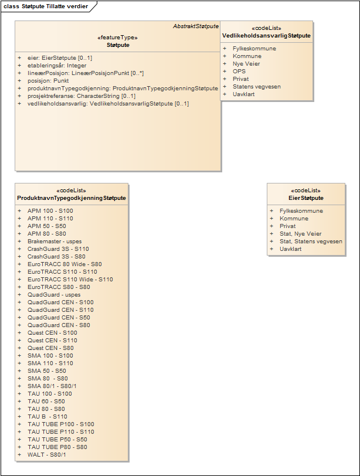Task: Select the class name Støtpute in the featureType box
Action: (118, 45)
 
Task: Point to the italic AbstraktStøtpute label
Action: (196, 26)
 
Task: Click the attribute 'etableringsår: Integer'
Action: (56, 66)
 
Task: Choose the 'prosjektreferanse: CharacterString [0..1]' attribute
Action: (81, 96)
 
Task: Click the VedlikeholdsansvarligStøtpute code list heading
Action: (266, 36)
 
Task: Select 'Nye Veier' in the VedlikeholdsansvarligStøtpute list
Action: (246, 64)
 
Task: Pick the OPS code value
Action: (239, 72)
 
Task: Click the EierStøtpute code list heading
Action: (305, 198)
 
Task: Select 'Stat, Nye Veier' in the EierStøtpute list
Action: (300, 234)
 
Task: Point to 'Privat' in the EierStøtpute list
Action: (288, 226)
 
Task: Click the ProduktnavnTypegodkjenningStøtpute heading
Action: (72, 198)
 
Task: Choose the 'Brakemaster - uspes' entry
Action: (55, 242)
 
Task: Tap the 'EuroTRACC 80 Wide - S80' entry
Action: (64, 264)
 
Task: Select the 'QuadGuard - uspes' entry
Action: (54, 295)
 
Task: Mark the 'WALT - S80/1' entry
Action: (46, 455)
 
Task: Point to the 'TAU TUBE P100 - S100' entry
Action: (60, 424)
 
